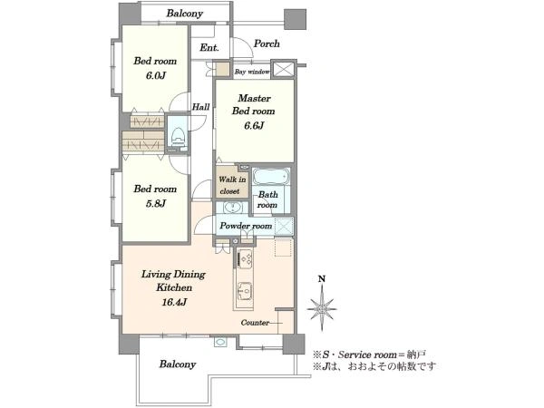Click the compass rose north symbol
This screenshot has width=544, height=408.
point(322,305)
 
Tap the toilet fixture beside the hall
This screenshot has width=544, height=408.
point(178,136)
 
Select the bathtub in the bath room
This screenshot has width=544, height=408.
point(271,176)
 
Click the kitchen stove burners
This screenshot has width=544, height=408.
point(246,258)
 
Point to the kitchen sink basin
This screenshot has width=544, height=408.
point(245,290)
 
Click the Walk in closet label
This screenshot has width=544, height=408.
point(232,185)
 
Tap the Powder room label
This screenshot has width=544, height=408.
point(246,226)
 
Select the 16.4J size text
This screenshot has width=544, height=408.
point(174,302)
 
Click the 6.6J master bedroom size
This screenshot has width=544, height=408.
point(254,125)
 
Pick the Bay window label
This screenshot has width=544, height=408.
point(252,72)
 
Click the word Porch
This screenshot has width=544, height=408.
point(267,44)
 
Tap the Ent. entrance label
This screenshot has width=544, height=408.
point(209,47)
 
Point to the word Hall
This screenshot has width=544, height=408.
point(201,107)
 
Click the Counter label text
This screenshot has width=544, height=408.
point(255,323)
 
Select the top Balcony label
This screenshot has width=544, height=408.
point(185,14)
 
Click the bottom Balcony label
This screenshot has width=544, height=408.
point(178,364)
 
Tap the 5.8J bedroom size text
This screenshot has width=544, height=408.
point(155,203)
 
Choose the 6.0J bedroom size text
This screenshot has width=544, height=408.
point(155,75)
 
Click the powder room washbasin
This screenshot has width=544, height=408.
point(232,208)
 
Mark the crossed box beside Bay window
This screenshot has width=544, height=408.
point(284,69)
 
